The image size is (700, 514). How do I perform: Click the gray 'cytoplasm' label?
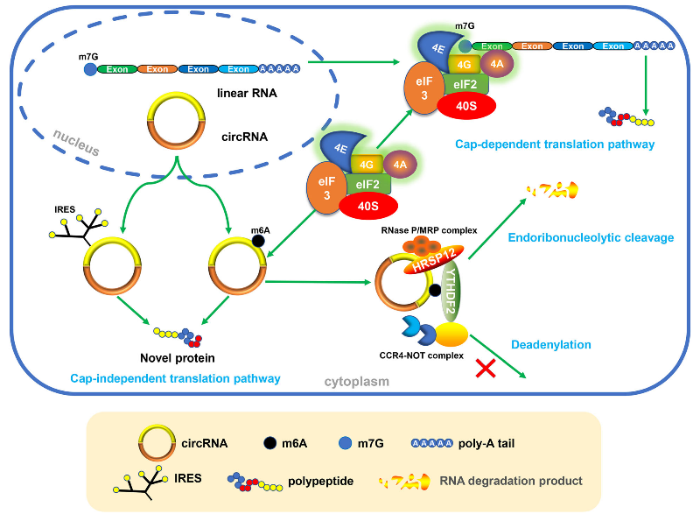tap(356, 382)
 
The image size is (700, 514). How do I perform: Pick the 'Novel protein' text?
tap(178, 358)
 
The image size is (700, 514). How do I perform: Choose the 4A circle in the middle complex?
tap(400, 164)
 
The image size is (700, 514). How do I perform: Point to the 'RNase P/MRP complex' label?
tap(428, 230)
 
